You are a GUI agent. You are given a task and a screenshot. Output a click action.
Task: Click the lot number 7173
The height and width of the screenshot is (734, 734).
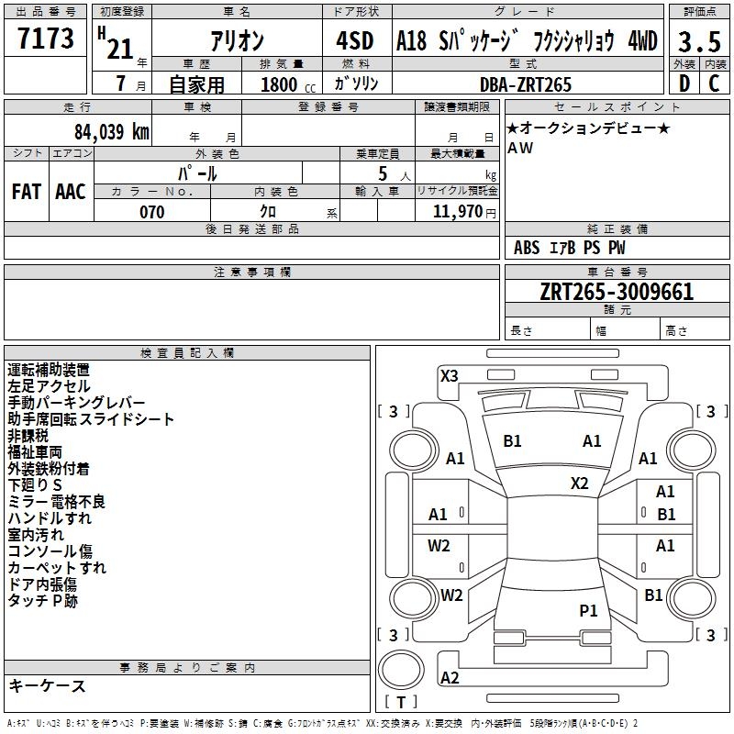(46, 39)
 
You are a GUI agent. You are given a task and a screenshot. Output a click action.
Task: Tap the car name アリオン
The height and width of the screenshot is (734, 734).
(237, 42)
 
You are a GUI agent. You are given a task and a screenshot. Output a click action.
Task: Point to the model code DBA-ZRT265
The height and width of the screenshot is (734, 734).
(526, 84)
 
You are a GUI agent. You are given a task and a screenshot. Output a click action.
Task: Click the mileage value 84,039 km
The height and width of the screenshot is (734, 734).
(111, 131)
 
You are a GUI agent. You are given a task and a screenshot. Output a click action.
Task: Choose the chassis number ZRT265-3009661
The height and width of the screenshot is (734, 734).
(617, 292)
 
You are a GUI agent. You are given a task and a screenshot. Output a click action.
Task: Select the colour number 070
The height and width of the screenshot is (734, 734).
(151, 212)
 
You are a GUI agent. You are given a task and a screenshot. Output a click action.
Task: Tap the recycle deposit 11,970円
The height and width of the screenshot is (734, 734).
(464, 212)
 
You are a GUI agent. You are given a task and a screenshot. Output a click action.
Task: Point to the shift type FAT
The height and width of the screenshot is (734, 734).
(26, 192)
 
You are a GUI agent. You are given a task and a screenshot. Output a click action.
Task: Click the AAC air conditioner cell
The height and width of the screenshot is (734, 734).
(71, 192)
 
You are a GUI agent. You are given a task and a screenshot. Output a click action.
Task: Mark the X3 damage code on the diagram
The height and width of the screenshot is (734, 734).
(449, 375)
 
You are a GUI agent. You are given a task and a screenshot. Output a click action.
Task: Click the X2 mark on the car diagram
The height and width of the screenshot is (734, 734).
(580, 483)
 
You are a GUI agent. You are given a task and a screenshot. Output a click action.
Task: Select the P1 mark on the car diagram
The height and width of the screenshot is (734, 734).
(588, 610)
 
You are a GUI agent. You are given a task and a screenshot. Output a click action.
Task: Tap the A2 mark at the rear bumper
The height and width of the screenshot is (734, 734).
(450, 678)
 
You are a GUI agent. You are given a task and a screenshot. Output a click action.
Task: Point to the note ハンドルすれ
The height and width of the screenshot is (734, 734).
(50, 518)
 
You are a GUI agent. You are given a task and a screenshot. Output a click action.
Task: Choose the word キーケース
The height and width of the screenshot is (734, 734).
(47, 686)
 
